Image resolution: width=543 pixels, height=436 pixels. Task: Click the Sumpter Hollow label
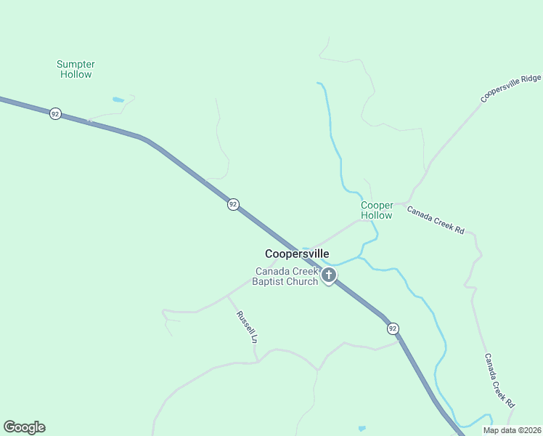pyautogui.click(x=75, y=69)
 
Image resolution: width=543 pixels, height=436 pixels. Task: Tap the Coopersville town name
pyautogui.click(x=297, y=254)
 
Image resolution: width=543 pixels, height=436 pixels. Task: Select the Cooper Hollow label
pyautogui.click(x=377, y=210)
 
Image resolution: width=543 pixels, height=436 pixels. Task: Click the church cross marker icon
pyautogui.click(x=329, y=275)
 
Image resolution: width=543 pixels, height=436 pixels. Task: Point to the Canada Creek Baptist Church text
pyautogui.click(x=286, y=276)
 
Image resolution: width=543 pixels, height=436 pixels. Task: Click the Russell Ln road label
pyautogui.click(x=248, y=328)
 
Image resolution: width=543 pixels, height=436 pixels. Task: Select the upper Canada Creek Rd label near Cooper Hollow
pyautogui.click(x=435, y=219)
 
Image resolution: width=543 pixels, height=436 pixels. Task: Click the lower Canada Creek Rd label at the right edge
pyautogui.click(x=499, y=380)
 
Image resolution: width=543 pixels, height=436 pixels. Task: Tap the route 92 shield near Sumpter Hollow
pyautogui.click(x=55, y=114)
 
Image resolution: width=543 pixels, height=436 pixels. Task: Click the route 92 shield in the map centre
pyautogui.click(x=232, y=204)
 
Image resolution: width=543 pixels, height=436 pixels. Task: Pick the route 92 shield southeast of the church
pyautogui.click(x=393, y=328)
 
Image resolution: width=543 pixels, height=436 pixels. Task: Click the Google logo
pyautogui.click(x=24, y=427)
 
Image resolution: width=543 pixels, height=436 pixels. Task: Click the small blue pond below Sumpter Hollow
pyautogui.click(x=118, y=100)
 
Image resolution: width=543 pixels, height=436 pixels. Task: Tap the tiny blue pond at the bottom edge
pyautogui.click(x=362, y=429)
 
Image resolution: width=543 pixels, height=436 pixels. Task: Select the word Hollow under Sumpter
pyautogui.click(x=75, y=74)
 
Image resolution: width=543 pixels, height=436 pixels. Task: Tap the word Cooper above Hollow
pyautogui.click(x=377, y=206)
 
